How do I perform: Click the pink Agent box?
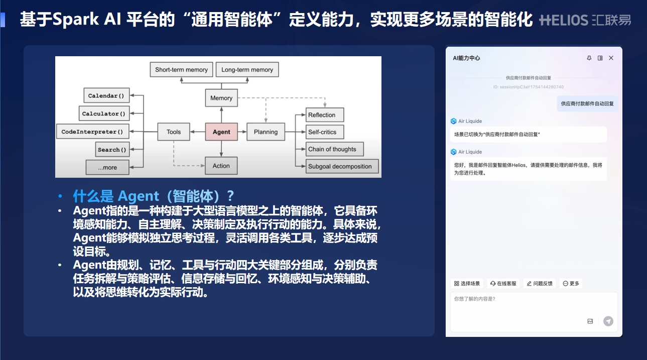(221, 132)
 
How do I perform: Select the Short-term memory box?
(181, 70)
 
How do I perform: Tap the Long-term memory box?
(247, 70)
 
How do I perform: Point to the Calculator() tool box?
(104, 113)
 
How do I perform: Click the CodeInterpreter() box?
(92, 132)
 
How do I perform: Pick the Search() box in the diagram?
(112, 150)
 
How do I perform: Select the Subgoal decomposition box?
(342, 166)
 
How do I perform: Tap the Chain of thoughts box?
(334, 149)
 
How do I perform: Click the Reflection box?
(325, 114)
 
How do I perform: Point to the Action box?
(221, 166)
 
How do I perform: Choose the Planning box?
(266, 132)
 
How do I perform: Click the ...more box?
(107, 167)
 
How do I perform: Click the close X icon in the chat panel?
(611, 58)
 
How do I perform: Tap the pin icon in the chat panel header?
(589, 58)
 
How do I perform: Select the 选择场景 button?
(467, 284)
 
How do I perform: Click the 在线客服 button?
(503, 284)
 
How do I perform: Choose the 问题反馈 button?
(540, 284)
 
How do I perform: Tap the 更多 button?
(571, 284)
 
